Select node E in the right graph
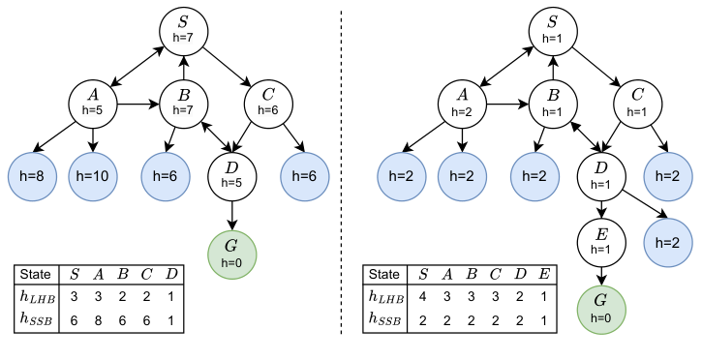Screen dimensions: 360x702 (601, 239)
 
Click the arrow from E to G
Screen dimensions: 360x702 (601, 274)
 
